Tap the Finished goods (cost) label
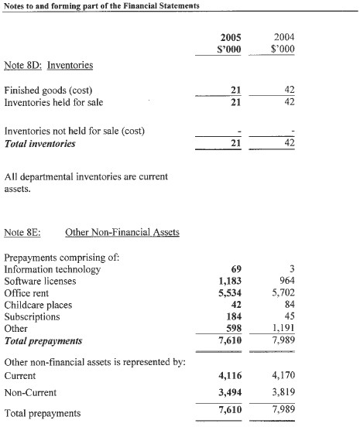pos(50,90)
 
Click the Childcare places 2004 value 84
pos(288,304)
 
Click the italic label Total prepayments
pos(43,340)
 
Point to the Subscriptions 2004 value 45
pos(288,316)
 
